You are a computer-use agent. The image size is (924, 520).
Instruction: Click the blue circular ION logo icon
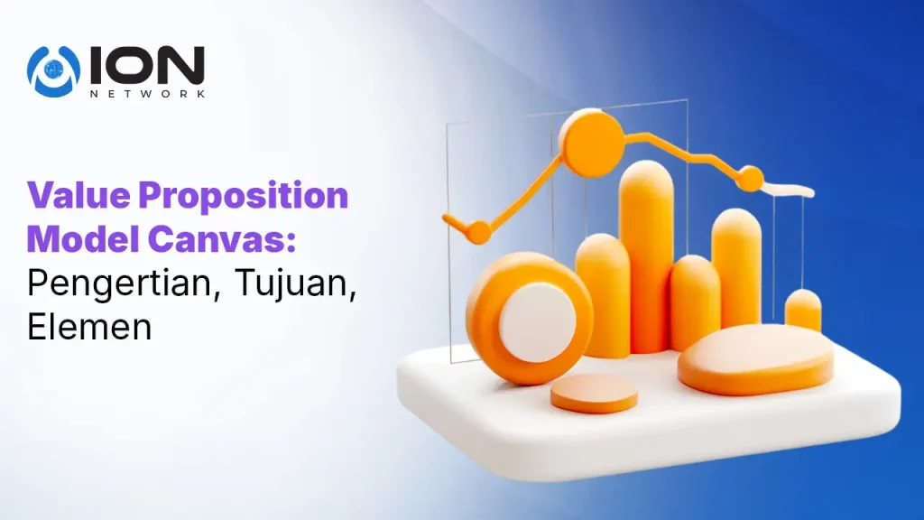click(x=53, y=70)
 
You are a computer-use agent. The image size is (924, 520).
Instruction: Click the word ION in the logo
click(x=147, y=65)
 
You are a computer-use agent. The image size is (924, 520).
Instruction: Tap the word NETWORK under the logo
click(x=147, y=93)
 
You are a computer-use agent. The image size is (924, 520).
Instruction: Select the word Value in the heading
click(x=79, y=195)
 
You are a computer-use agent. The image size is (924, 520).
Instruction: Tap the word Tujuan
click(x=296, y=284)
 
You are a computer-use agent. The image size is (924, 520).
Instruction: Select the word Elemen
click(x=89, y=326)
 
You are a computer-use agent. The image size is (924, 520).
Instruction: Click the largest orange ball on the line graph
click(x=591, y=143)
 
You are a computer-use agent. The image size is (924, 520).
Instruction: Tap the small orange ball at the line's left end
click(x=478, y=232)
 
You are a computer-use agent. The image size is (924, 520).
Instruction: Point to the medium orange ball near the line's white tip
click(x=751, y=180)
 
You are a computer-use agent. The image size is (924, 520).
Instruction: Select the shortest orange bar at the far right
click(x=802, y=311)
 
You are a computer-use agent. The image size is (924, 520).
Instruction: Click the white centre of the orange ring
click(x=538, y=322)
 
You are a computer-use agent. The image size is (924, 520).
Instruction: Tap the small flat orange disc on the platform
click(x=594, y=394)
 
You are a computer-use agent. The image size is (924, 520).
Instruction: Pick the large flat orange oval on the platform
click(x=756, y=359)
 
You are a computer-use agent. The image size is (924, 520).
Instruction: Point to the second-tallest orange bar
click(x=736, y=268)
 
